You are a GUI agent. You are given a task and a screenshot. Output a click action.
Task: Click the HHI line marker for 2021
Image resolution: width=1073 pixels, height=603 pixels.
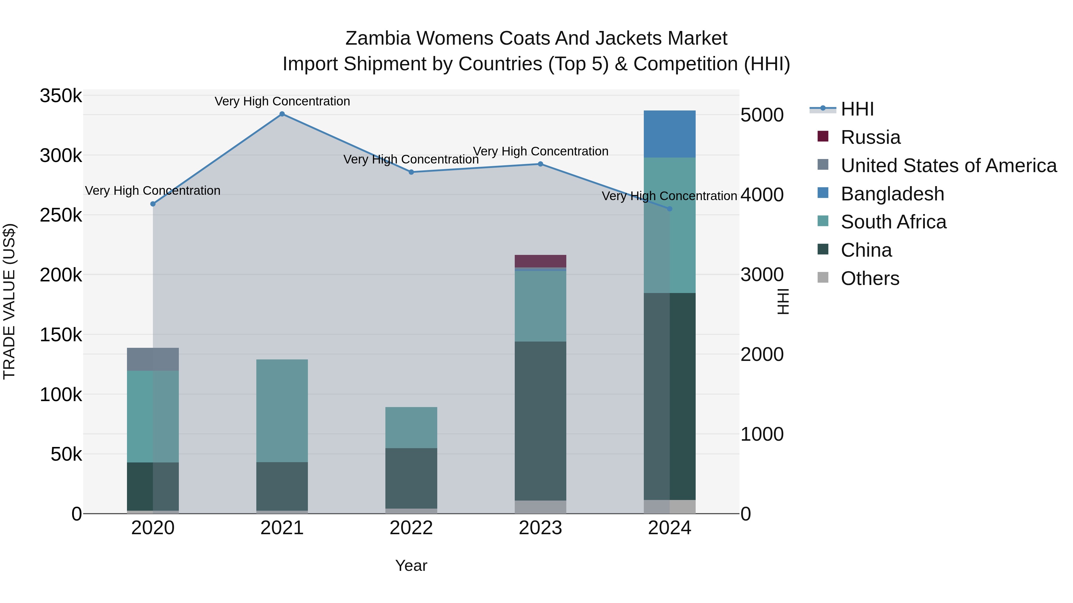[x=282, y=114]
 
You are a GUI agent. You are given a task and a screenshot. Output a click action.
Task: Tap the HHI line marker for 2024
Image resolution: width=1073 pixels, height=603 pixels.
[x=670, y=209]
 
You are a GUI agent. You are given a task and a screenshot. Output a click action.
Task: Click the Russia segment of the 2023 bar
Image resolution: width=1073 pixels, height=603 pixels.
[x=540, y=261]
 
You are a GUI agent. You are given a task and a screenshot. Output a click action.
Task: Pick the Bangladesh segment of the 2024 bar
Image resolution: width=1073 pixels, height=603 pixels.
[x=669, y=134]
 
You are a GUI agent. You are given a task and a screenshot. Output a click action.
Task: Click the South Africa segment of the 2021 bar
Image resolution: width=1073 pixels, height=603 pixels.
[x=282, y=411]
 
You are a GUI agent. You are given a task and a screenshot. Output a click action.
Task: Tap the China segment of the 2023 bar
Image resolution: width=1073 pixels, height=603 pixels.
[x=540, y=421]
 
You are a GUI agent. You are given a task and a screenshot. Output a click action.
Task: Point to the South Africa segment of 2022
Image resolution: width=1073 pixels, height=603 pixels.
[x=411, y=427]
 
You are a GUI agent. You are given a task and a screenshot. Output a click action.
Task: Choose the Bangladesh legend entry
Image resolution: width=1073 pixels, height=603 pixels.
[x=892, y=194]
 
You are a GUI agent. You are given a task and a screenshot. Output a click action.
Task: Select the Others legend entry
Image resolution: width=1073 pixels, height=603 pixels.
[x=870, y=278]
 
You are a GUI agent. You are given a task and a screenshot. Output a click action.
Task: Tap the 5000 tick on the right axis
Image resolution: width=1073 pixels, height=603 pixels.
[x=762, y=115]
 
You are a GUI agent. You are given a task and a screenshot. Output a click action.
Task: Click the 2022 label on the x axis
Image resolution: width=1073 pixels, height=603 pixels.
[x=411, y=528]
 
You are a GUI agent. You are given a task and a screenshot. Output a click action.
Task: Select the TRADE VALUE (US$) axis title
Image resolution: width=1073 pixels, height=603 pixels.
[x=10, y=301]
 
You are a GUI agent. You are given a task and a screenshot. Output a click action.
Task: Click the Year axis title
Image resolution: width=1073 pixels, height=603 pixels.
[x=411, y=565]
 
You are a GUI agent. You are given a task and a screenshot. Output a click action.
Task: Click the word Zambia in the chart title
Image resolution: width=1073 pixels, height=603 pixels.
[x=377, y=38]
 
